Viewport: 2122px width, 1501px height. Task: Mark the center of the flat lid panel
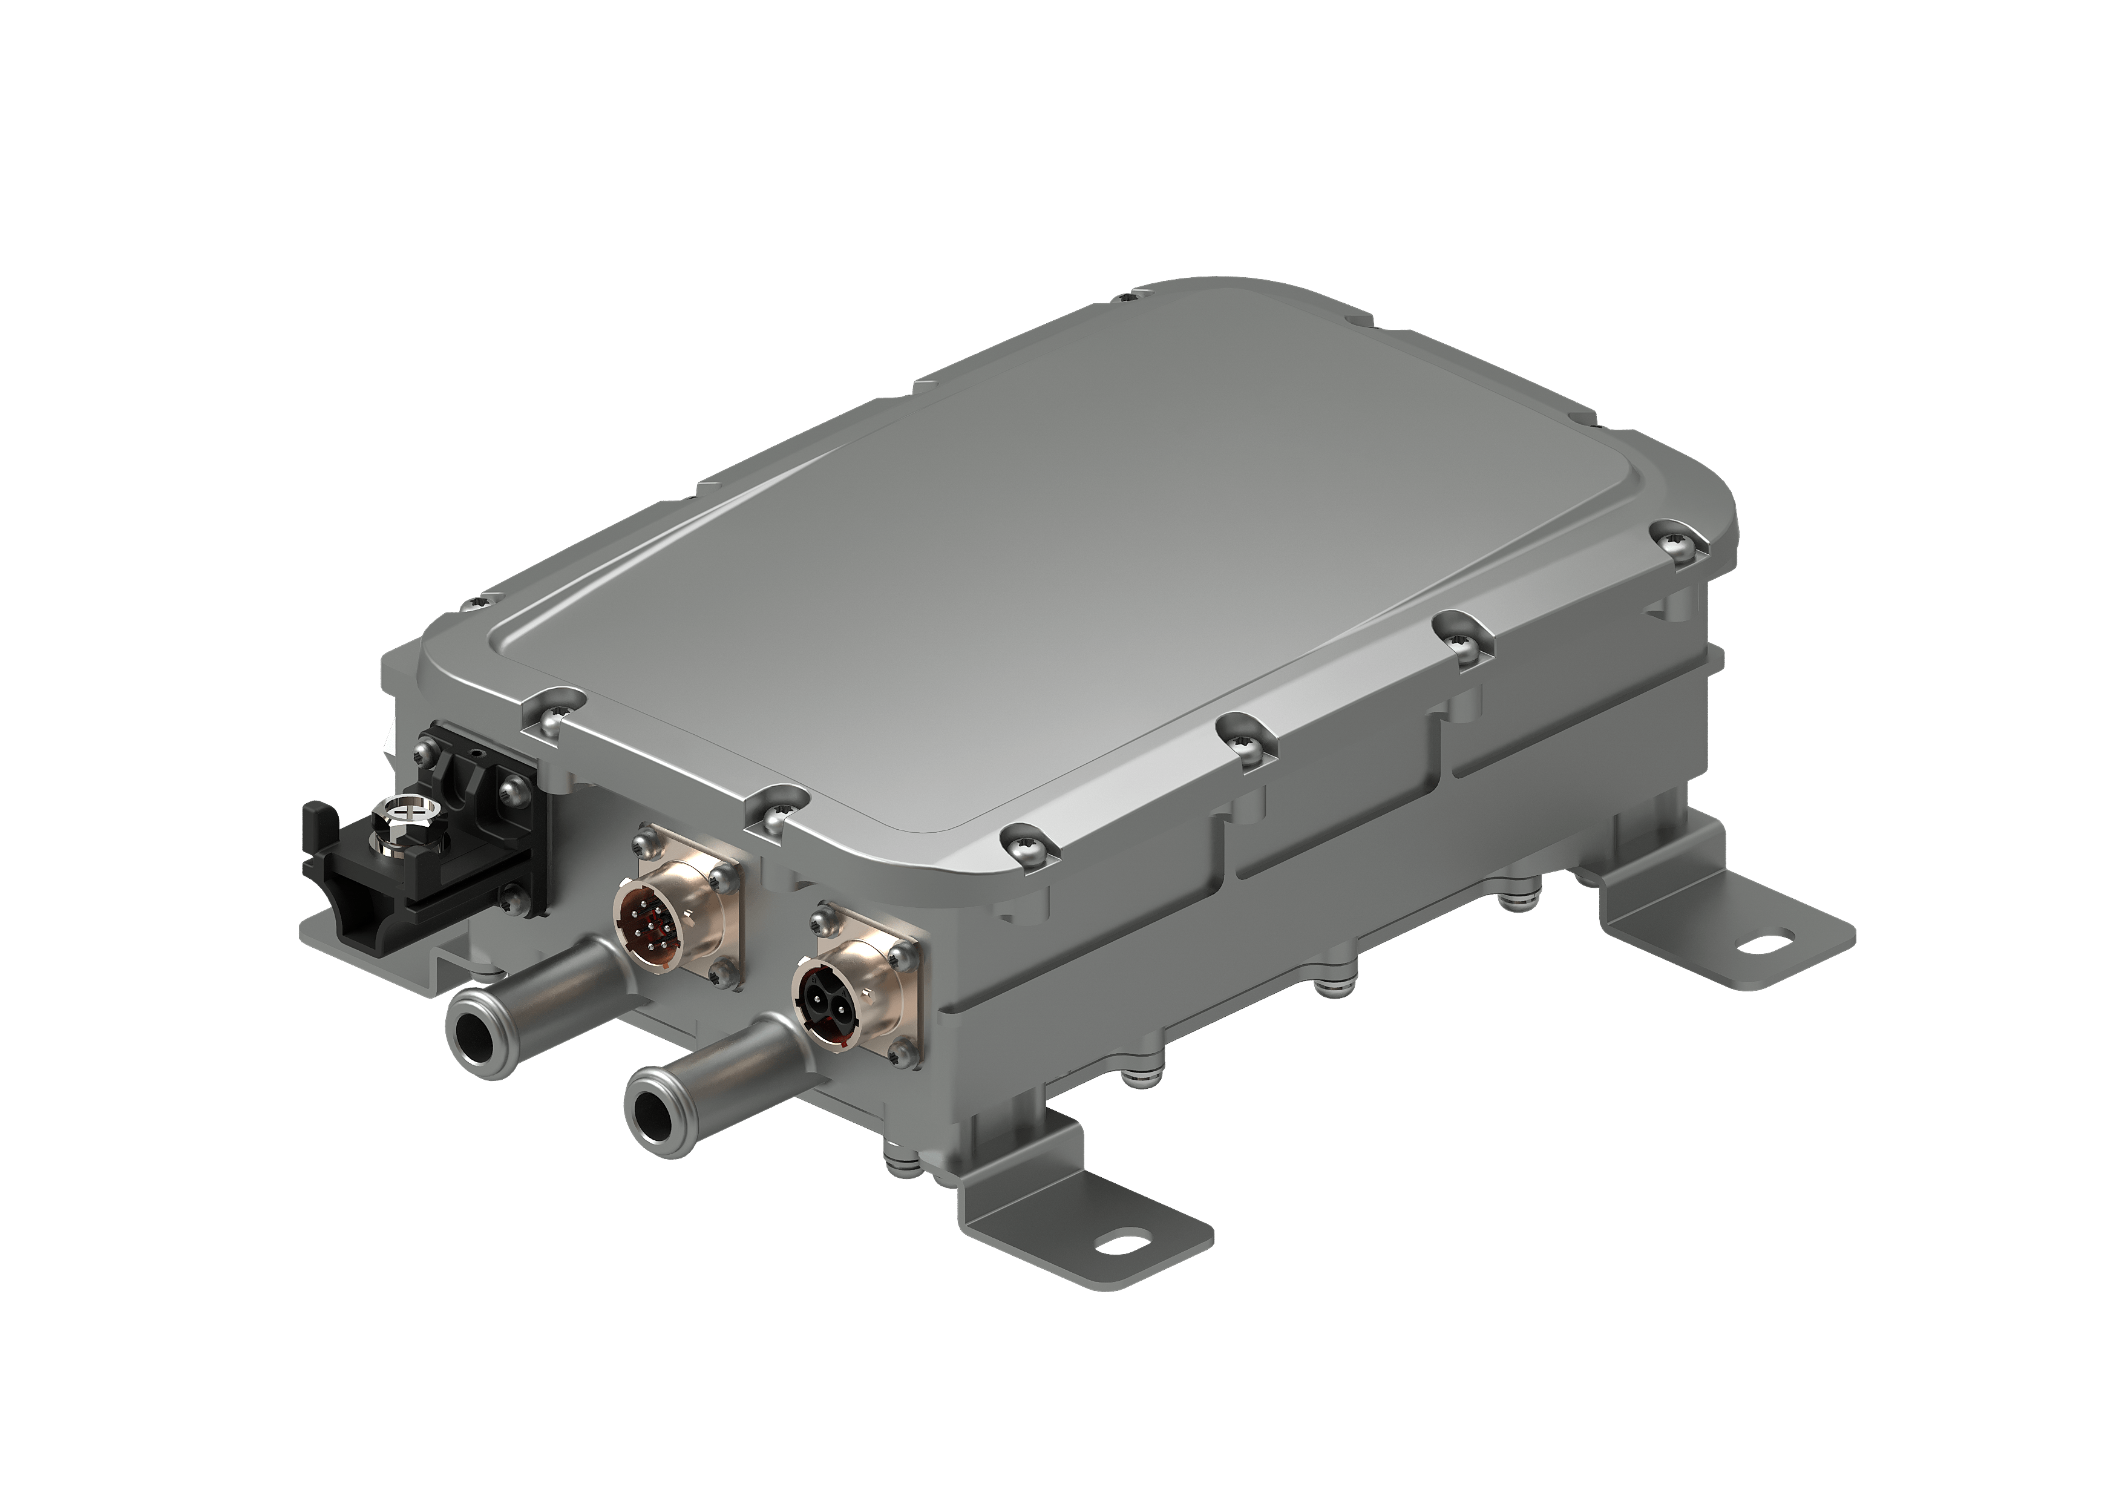(x=1063, y=591)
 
